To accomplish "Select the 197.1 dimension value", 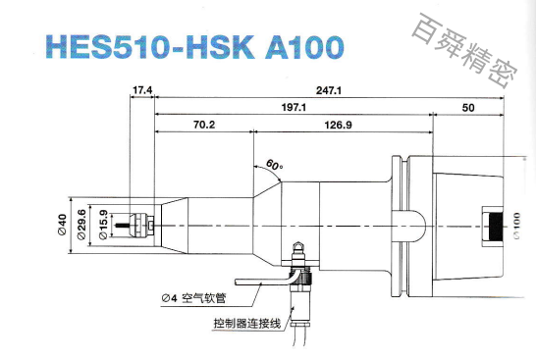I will click(294, 107).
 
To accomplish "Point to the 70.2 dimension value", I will click(203, 126).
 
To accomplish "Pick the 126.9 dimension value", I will click(338, 126).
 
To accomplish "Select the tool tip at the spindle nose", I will click(124, 224).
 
